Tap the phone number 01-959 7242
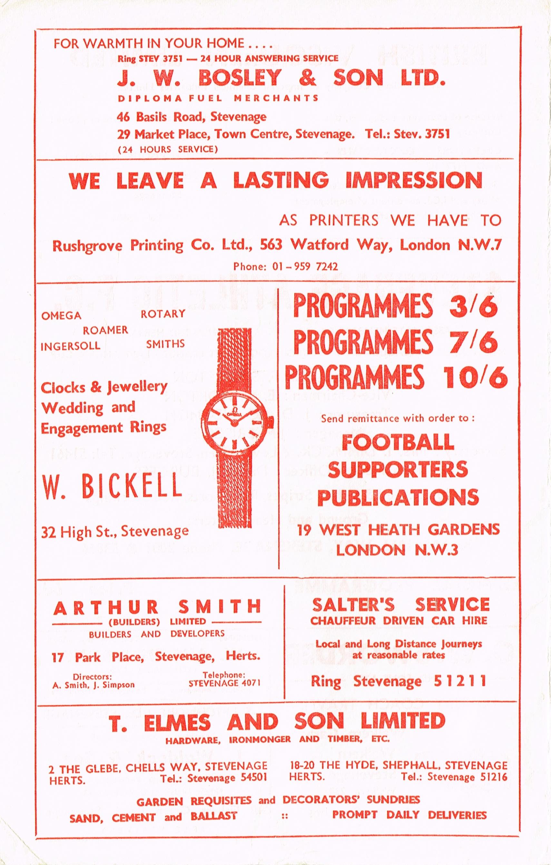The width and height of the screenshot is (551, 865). coord(286,266)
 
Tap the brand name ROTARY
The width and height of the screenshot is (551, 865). coord(163,313)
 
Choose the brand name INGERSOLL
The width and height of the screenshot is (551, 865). coord(70,346)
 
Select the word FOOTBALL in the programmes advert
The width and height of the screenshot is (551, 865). coord(398,442)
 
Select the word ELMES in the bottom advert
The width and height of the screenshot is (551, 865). coord(177,722)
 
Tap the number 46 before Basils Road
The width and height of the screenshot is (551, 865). coord(123,117)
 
